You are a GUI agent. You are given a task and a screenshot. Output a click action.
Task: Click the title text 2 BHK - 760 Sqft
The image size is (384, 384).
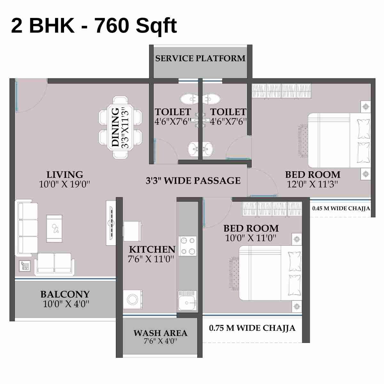pos(94,26)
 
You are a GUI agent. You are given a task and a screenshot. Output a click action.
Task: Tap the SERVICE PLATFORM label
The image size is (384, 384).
pos(200,59)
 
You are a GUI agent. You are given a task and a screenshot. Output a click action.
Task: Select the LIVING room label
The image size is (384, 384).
pos(65,175)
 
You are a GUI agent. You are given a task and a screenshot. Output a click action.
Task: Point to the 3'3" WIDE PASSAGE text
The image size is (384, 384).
pos(193,181)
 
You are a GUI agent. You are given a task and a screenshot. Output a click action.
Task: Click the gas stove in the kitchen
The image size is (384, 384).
pos(187,246)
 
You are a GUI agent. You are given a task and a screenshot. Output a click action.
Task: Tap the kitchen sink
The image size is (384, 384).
pos(187,301)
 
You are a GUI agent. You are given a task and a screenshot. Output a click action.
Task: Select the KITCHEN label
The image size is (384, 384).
pos(152,250)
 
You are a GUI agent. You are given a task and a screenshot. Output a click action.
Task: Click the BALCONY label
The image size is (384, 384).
pos(65,294)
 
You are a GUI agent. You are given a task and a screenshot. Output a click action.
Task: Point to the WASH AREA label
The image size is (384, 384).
pos(160,333)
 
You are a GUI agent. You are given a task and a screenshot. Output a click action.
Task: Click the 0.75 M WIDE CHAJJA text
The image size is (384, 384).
pos(252,328)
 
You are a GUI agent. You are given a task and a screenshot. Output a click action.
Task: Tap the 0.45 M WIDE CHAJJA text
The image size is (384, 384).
pos(341,208)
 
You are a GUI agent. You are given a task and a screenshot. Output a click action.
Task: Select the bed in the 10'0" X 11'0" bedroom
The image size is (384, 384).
pos(270,273)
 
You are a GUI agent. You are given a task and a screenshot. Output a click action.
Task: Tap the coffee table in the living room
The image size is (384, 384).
pos(54,228)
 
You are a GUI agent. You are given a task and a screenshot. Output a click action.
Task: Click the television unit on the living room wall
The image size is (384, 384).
pos(111,223)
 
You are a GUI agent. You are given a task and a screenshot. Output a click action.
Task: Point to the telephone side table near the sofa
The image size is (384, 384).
pos(25,266)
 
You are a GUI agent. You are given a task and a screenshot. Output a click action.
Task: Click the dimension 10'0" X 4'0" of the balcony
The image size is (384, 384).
pos(66,304)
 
